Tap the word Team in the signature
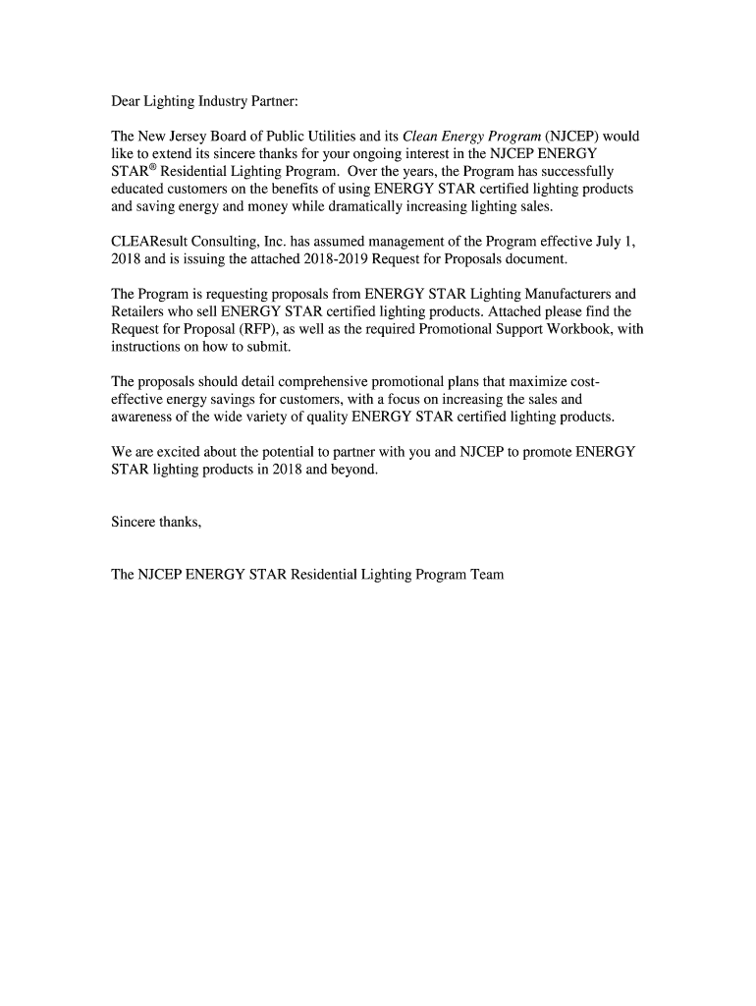(x=487, y=574)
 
